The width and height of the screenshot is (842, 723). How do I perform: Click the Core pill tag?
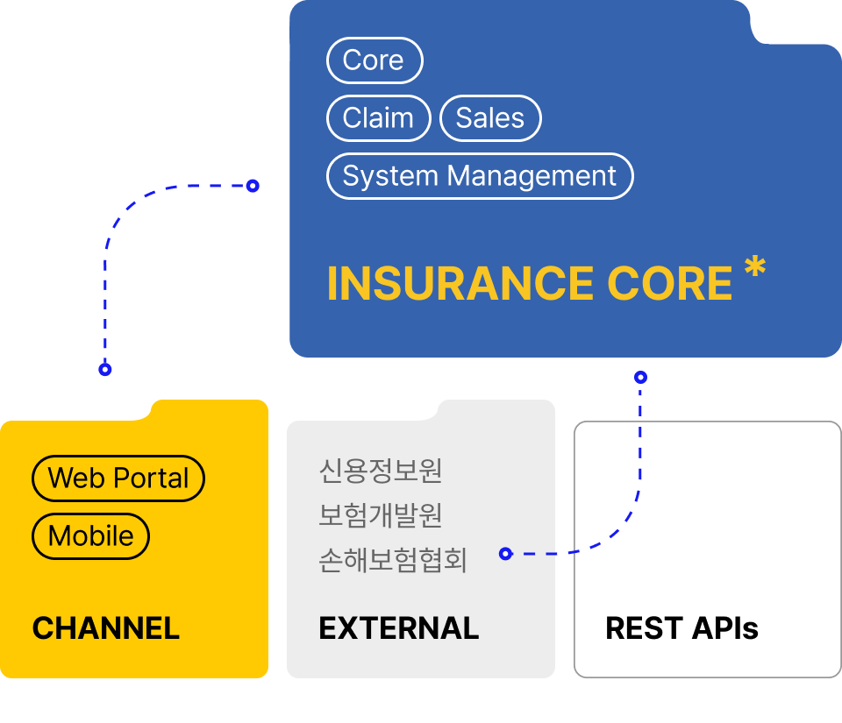(375, 60)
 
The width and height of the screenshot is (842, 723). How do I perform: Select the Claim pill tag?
(378, 118)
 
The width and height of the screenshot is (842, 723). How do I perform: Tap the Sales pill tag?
(490, 118)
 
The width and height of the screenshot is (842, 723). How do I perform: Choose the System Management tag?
(479, 176)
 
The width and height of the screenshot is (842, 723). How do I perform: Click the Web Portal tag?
(118, 478)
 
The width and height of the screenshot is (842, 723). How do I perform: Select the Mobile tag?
(90, 536)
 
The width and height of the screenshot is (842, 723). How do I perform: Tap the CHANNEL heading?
(106, 628)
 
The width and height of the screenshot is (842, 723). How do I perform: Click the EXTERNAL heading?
(399, 628)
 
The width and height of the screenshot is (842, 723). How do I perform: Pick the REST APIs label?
(681, 628)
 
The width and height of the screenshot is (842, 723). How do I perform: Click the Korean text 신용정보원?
(381, 471)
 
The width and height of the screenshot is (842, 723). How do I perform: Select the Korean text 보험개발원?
(381, 515)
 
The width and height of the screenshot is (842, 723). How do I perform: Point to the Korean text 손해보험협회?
(393, 560)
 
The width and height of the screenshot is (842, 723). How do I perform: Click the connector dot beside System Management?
(253, 186)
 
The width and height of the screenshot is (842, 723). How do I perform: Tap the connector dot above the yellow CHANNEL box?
(105, 370)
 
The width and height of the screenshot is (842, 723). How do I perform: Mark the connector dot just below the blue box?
(640, 378)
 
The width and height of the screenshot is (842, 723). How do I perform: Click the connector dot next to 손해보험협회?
(505, 554)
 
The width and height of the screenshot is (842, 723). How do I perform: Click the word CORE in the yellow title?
(669, 283)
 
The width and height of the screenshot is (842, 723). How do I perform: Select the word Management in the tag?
(532, 176)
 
